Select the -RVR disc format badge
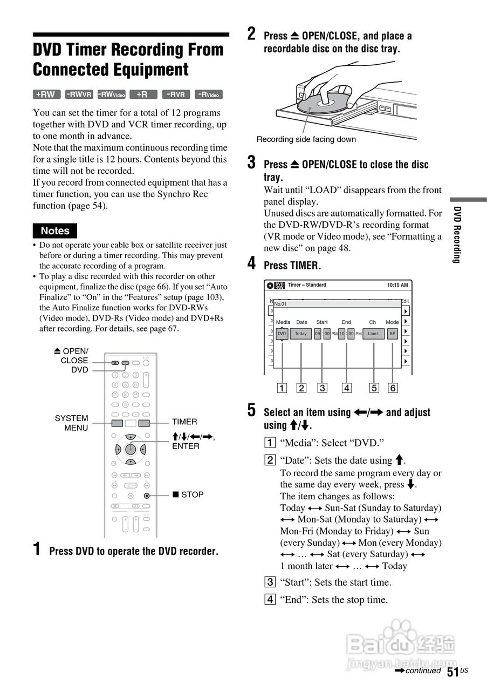(176, 94)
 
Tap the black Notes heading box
(55, 231)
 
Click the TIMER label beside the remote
(184, 422)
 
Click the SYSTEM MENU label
(72, 423)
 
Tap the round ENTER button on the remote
(130, 449)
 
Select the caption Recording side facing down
(306, 139)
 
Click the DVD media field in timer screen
(282, 334)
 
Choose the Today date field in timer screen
(301, 334)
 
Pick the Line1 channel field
(373, 334)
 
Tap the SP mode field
(393, 334)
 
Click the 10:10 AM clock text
(397, 285)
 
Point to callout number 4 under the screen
(347, 388)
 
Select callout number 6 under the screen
(393, 388)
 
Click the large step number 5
(252, 410)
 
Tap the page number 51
(452, 672)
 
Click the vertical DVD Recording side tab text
(456, 235)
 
